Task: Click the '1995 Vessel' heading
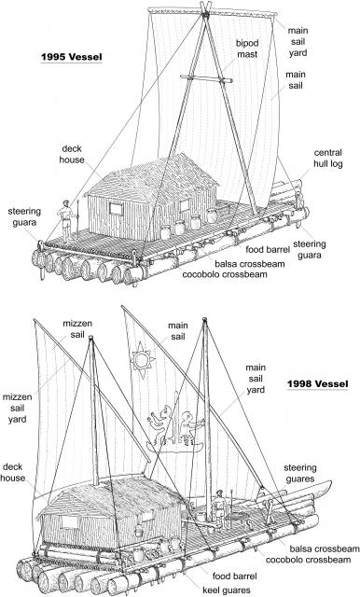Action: click(x=72, y=57)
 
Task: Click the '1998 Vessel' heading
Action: click(x=317, y=383)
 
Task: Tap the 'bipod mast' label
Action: click(x=247, y=49)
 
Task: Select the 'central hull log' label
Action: click(x=327, y=158)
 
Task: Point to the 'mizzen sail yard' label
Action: click(x=17, y=409)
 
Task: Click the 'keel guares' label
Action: click(x=227, y=590)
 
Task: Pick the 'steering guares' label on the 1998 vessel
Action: click(x=300, y=473)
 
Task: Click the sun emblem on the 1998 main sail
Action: click(x=143, y=360)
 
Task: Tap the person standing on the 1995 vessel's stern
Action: click(x=66, y=221)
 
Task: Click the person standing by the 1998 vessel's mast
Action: click(x=218, y=507)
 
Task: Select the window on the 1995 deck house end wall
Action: click(x=116, y=209)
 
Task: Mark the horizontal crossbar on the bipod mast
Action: click(x=206, y=78)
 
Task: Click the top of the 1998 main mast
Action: click(x=205, y=319)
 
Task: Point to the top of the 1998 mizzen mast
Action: click(x=91, y=338)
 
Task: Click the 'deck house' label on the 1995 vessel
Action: click(x=72, y=154)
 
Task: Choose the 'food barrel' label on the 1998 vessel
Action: click(x=235, y=576)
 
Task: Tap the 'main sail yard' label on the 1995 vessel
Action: click(x=298, y=41)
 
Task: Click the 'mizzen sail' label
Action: click(x=77, y=329)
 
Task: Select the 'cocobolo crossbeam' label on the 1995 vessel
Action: click(x=225, y=274)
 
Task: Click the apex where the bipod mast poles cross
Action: click(x=206, y=15)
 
